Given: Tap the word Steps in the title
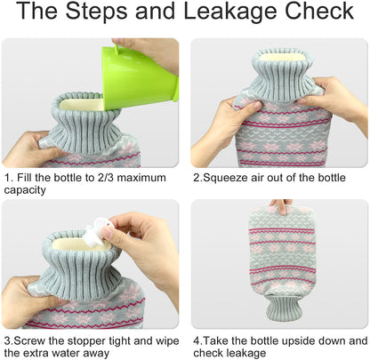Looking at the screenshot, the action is (97, 11).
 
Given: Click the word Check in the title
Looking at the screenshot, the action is (319, 11).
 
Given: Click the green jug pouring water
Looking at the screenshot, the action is (140, 76).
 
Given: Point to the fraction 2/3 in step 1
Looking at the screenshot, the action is (104, 178).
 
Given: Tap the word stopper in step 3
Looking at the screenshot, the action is (87, 341).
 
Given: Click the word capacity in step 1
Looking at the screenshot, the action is (25, 190).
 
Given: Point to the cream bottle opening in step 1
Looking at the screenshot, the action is (81, 105).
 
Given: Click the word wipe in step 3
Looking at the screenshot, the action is (167, 341).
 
